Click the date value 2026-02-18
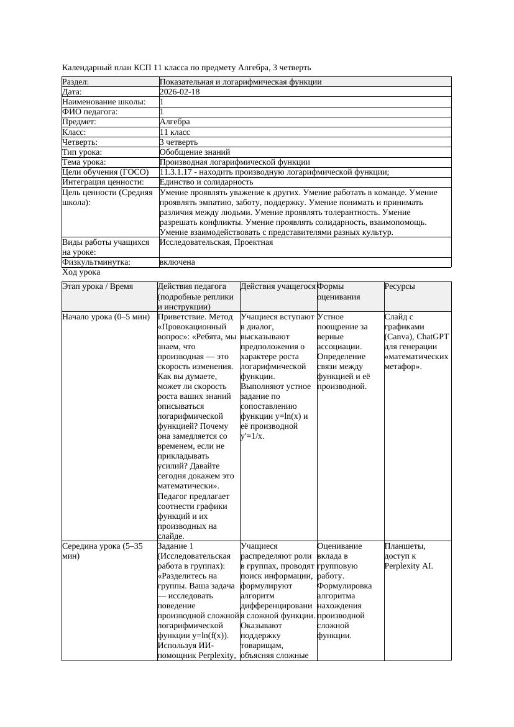(x=180, y=92)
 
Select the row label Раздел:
(x=76, y=82)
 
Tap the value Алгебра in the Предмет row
(x=175, y=122)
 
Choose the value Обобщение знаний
(x=195, y=152)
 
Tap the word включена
(x=177, y=262)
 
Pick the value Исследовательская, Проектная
(x=216, y=242)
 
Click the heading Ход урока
(x=81, y=272)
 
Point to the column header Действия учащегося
(x=277, y=286)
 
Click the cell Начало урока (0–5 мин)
(x=106, y=317)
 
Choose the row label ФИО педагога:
(x=90, y=112)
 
